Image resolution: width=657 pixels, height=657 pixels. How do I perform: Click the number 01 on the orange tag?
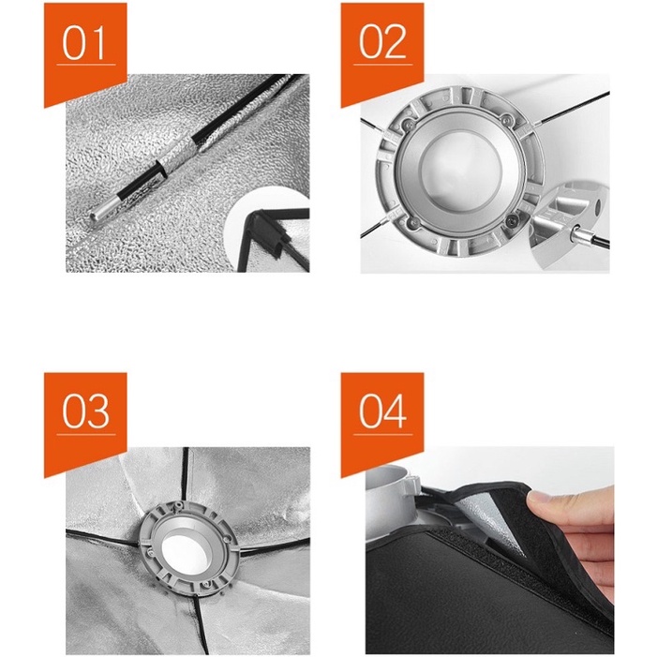click(83, 43)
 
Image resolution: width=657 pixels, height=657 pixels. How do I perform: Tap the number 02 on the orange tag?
click(382, 42)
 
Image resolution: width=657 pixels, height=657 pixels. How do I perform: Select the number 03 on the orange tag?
click(86, 411)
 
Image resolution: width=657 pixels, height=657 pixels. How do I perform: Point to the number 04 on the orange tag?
click(382, 411)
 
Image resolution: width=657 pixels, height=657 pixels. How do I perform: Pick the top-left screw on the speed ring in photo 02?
click(406, 123)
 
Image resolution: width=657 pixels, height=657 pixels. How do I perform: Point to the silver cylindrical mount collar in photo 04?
click(388, 502)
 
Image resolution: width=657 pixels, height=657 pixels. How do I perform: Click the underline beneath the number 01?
click(86, 65)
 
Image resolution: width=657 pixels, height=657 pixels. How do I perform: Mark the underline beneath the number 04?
click(383, 434)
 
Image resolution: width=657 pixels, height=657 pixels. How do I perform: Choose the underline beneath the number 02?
click(383, 65)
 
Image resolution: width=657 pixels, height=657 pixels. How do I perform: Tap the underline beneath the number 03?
click(86, 434)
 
